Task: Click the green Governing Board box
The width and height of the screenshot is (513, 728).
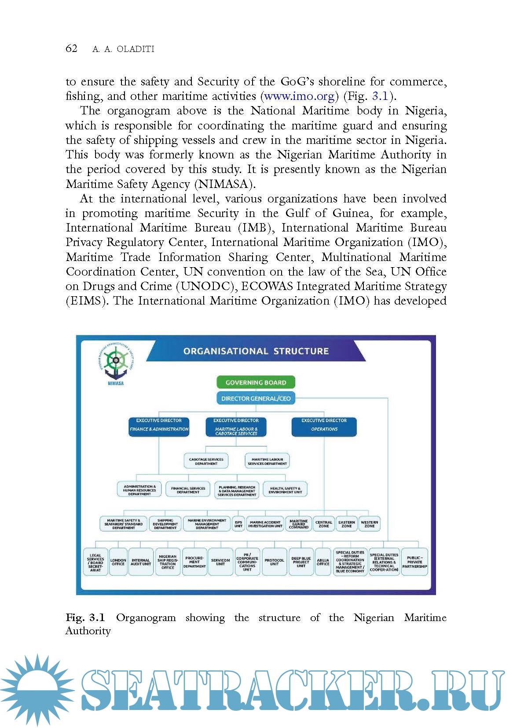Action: point(256,382)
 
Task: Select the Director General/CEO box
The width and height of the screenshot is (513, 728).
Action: point(256,398)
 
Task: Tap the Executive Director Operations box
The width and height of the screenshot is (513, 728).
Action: point(324,427)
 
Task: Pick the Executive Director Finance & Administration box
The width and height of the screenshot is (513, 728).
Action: point(159,427)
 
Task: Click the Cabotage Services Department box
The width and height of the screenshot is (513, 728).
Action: point(206,461)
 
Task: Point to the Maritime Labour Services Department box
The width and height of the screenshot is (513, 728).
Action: point(267,461)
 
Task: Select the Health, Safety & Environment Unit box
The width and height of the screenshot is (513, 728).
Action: point(285,490)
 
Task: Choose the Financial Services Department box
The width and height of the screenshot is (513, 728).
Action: point(188,490)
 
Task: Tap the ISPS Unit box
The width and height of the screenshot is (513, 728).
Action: point(238,524)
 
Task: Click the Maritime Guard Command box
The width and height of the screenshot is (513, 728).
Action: point(299,524)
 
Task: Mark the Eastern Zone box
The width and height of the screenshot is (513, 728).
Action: point(347,524)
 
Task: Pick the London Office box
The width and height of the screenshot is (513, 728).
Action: point(118,562)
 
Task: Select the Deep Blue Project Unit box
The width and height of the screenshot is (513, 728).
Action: point(301,562)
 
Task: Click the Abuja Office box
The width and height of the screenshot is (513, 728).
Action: point(323,562)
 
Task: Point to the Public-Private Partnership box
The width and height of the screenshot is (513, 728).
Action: point(414,562)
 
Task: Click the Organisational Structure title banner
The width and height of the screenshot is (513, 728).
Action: point(256,351)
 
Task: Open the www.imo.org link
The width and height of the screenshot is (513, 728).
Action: point(300,96)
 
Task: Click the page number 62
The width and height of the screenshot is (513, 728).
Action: point(71,48)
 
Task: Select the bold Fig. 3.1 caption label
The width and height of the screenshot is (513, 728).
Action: point(85,618)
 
